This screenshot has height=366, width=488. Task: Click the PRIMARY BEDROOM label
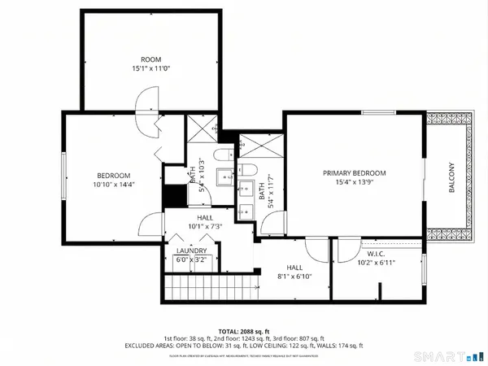354,173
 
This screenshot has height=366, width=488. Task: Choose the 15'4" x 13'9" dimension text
354,183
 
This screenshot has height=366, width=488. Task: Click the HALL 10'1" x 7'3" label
189,221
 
